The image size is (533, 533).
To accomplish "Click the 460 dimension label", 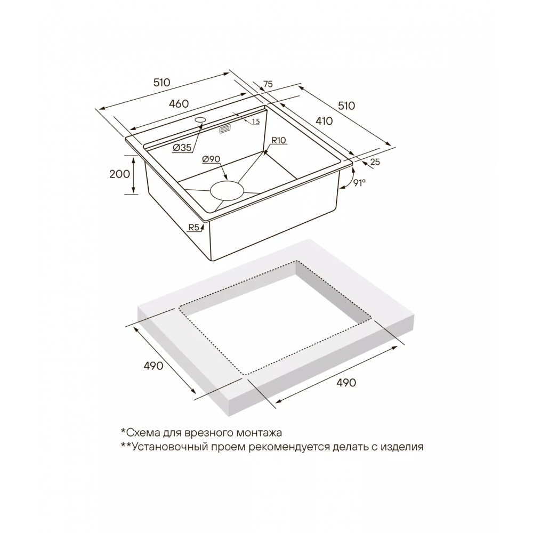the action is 179,103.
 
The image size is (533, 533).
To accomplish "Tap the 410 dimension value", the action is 324,120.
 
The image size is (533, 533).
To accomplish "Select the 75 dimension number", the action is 268,84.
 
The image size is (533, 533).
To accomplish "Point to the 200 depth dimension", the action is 119,174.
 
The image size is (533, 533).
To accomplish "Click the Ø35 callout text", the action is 182,148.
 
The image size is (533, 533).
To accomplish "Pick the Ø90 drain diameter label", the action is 211,159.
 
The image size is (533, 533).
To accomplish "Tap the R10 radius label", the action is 278,140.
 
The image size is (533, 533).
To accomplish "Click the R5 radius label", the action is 194,228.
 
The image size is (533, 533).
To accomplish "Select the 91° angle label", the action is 359,183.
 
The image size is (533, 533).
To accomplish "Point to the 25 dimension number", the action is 375,162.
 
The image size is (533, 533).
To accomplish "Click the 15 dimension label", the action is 256,122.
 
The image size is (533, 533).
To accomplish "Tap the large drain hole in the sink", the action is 227,191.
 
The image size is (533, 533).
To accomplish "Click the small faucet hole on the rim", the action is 200,119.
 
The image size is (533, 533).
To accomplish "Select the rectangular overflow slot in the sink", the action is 225,129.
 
